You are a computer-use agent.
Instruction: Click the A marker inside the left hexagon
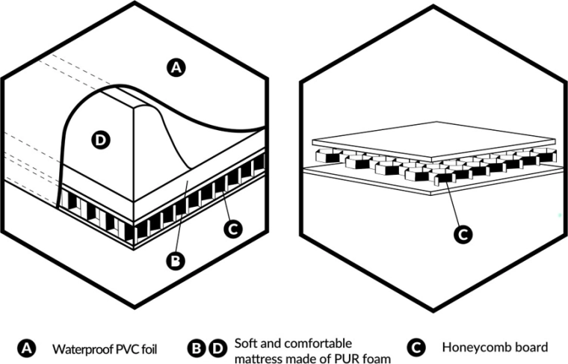tap(176, 68)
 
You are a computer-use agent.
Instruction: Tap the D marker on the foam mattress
tap(100, 138)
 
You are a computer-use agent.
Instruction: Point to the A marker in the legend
tap(25, 348)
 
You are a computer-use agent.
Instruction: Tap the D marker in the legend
tap(217, 348)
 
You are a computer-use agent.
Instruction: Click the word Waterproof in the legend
tap(80, 348)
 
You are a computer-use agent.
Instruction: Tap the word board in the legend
tap(533, 348)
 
